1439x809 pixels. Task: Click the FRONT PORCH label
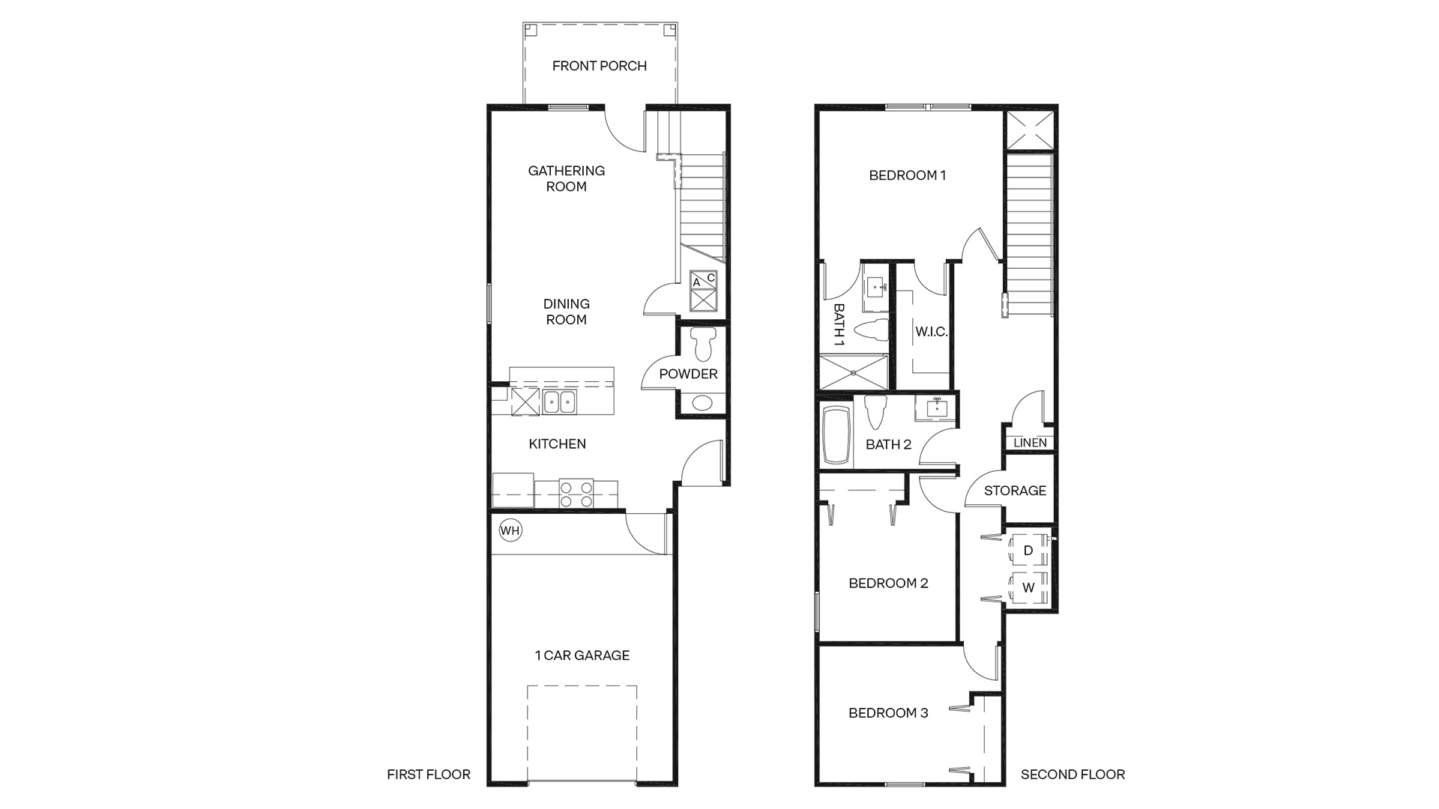point(600,66)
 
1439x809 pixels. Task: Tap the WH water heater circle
point(510,531)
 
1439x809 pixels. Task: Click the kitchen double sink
point(559,402)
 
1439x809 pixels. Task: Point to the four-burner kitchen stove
point(576,494)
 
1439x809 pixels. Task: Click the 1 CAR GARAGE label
point(582,655)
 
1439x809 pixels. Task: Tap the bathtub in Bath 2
point(835,435)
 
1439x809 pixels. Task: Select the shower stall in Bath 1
point(854,372)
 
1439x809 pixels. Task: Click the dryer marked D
point(1028,551)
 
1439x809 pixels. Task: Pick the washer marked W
point(1028,587)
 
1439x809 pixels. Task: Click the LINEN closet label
point(1030,443)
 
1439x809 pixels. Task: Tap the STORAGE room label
point(1015,491)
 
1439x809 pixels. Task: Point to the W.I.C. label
point(932,332)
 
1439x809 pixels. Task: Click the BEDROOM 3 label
point(888,713)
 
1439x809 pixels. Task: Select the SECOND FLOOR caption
point(1073,775)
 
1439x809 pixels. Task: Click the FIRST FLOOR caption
point(429,775)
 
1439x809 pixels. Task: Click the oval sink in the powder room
point(703,403)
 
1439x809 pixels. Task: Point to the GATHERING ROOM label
point(567,178)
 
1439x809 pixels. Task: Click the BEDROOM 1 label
point(908,175)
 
